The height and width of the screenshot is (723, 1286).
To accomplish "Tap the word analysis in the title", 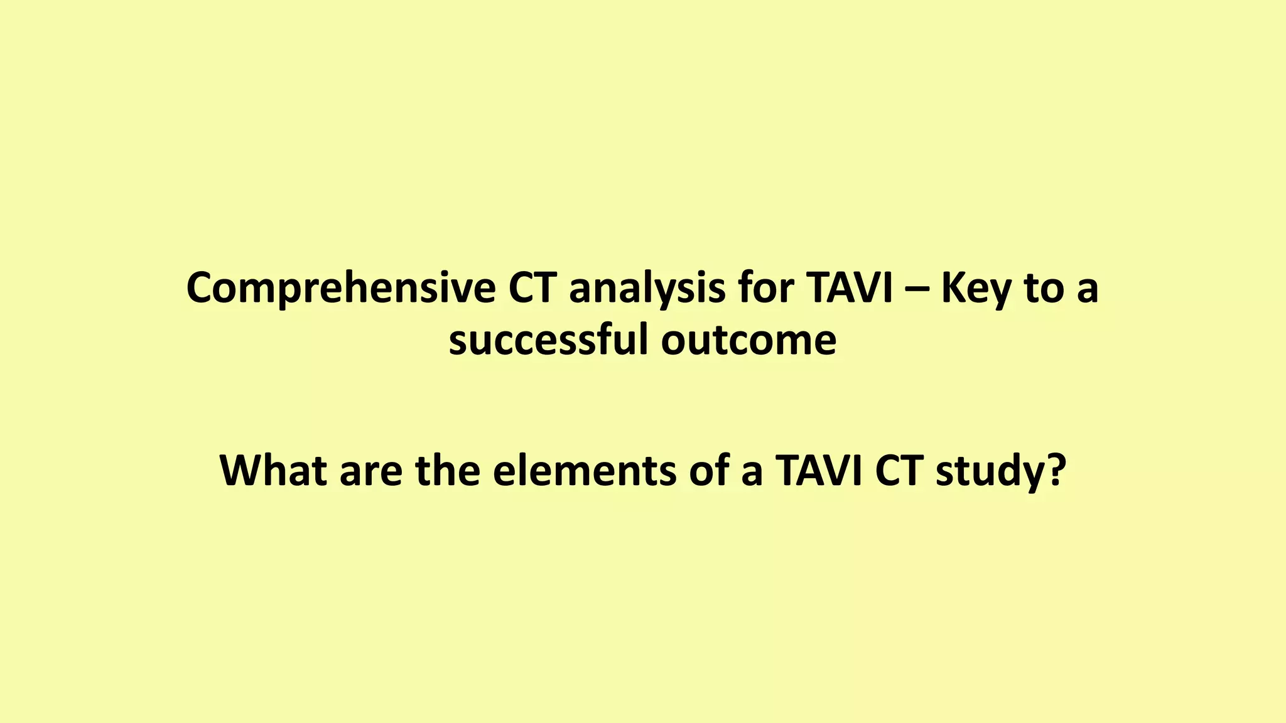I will pyautogui.click(x=647, y=289).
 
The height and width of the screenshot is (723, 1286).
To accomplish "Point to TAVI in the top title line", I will pyautogui.click(x=850, y=289).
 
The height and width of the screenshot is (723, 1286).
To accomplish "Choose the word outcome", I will pyautogui.click(x=748, y=340).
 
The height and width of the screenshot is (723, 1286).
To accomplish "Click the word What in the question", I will pyautogui.click(x=273, y=471).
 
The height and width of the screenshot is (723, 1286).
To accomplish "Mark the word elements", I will pyautogui.click(x=584, y=471).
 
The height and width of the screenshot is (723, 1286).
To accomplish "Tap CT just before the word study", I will pyautogui.click(x=898, y=471).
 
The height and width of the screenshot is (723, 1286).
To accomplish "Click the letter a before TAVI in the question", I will pyautogui.click(x=752, y=473).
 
